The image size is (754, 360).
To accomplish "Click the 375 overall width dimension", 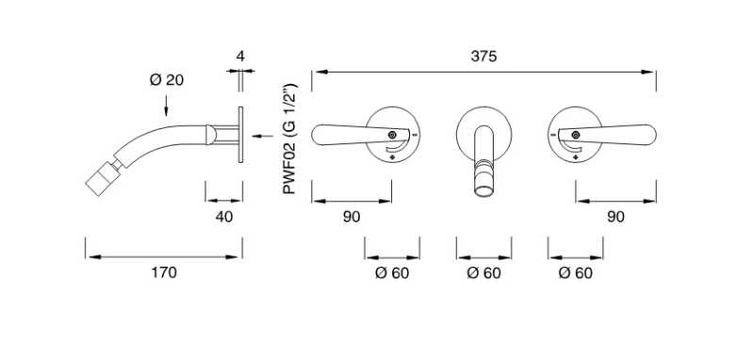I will tap(484, 57).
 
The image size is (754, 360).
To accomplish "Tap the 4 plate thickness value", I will tap(240, 57).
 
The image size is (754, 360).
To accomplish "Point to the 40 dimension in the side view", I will tap(223, 217).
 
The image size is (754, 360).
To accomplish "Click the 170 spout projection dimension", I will tap(164, 273).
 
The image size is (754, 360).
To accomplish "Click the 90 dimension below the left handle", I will tap(351, 217).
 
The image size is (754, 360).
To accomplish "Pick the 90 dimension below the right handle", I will tap(615, 217).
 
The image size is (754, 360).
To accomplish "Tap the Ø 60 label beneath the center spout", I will tap(484, 273).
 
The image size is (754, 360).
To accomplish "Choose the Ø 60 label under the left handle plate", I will tap(392, 273).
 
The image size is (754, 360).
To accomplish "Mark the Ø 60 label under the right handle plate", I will tap(575, 273).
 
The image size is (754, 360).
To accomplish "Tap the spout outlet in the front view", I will tap(484, 191).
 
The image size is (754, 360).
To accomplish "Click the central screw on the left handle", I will tap(392, 136).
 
